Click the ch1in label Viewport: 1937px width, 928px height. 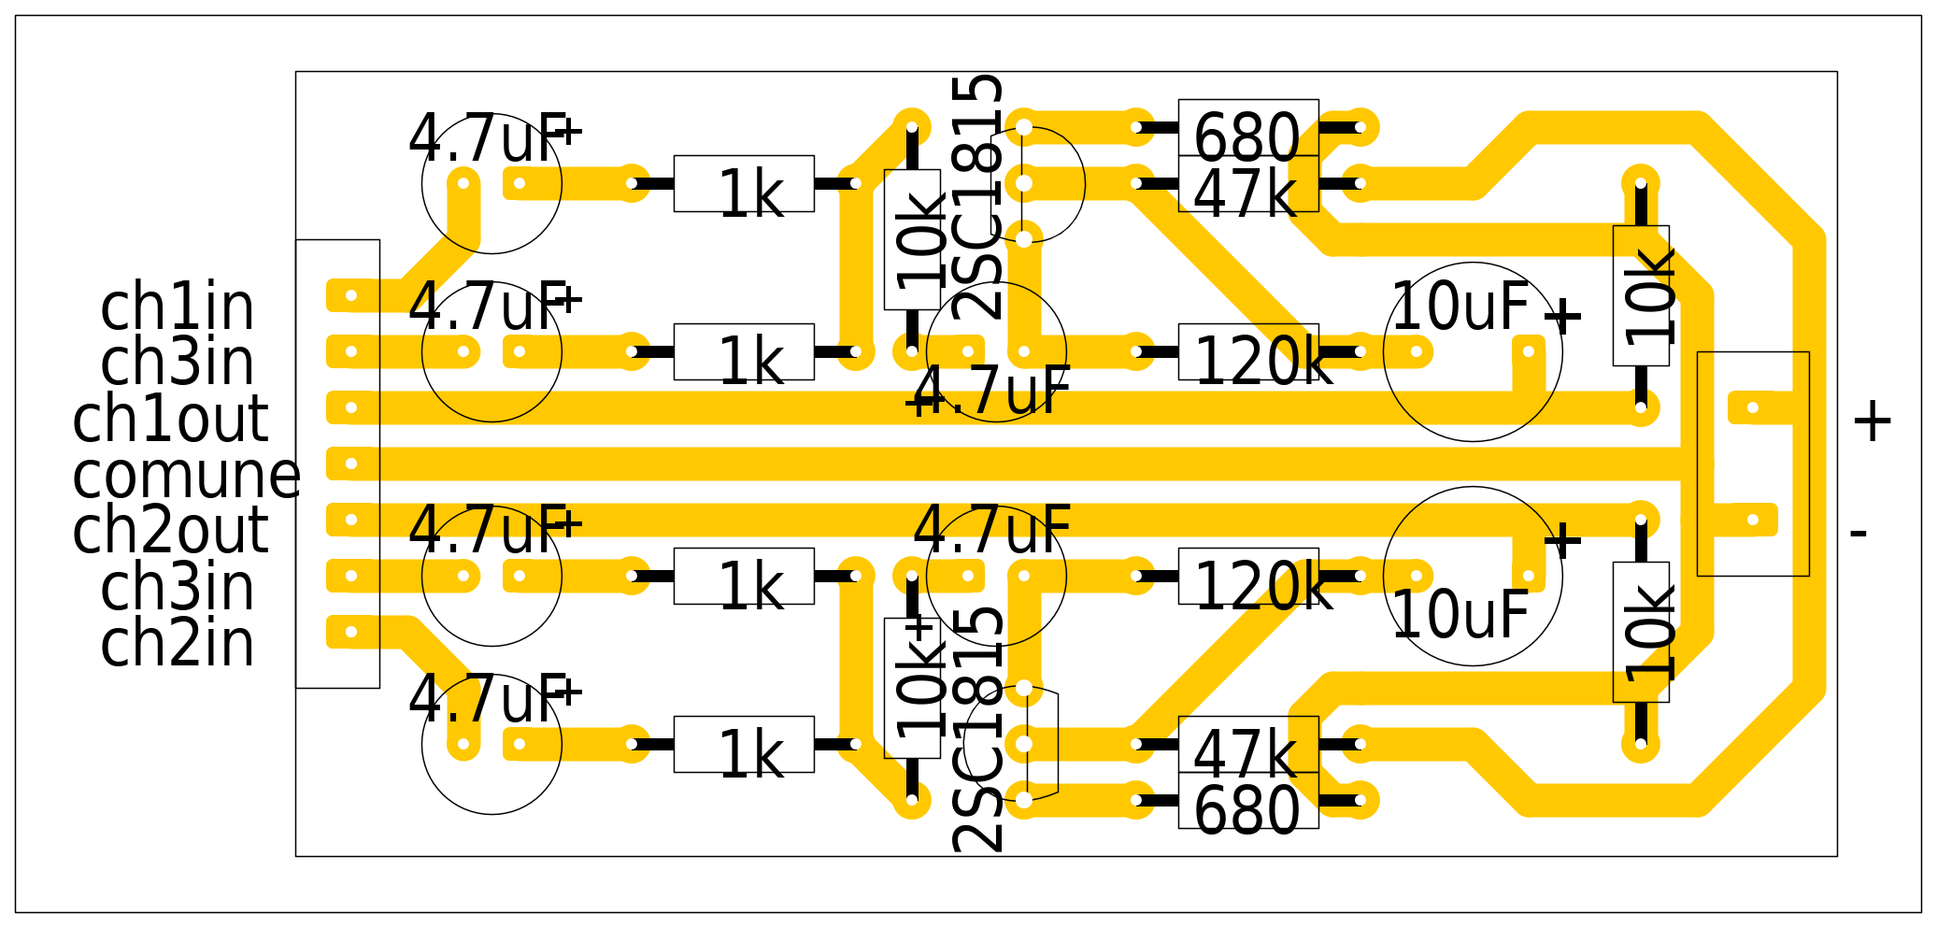tap(178, 307)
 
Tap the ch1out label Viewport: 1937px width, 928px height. tap(170, 419)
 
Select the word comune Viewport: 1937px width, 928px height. tap(186, 475)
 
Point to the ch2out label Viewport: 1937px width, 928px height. tap(170, 531)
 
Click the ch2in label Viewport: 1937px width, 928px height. tap(178, 643)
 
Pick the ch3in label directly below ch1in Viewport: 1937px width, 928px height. tap(178, 363)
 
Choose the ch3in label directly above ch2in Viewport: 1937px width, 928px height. tap(178, 587)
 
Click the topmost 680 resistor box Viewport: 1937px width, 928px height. tap(1248, 128)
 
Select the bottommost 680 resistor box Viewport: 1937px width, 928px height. tap(1248, 801)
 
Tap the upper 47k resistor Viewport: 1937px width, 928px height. tap(1248, 184)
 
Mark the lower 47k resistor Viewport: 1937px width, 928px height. tap(1248, 745)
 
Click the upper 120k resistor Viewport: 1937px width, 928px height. tap(1248, 352)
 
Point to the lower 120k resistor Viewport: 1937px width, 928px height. tap(1248, 577)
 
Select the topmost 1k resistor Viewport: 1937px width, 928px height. tap(744, 184)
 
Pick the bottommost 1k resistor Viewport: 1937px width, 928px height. tap(744, 745)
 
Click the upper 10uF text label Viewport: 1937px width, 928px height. tap(1460, 307)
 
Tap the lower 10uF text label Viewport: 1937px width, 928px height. tap(1460, 615)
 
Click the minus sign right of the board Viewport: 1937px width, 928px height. tap(1859, 534)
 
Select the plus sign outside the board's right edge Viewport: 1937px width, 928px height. tap(1873, 421)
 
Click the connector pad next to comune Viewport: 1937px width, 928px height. tap(351, 464)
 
